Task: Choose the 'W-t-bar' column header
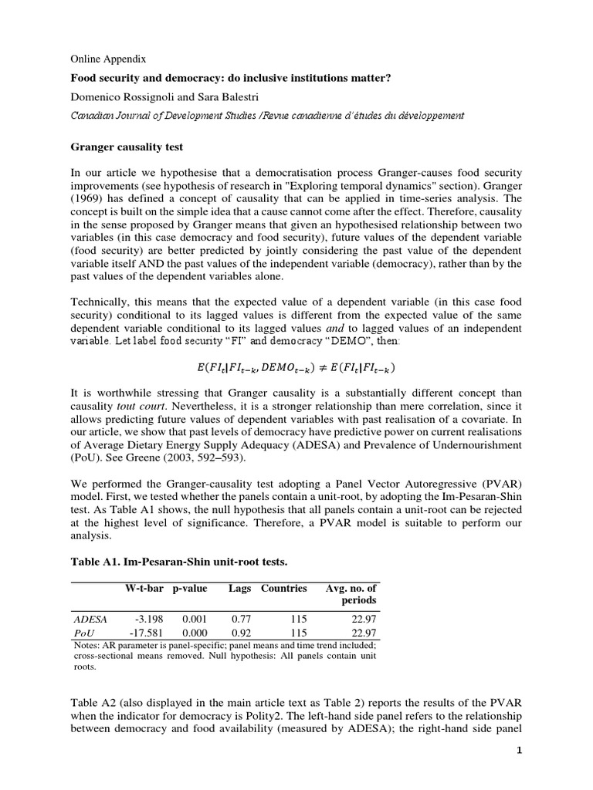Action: (144, 588)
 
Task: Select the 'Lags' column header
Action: (239, 588)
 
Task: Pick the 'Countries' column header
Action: (284, 588)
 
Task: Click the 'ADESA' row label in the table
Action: (90, 619)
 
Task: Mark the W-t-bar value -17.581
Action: (144, 632)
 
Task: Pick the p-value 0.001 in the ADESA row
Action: (195, 619)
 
